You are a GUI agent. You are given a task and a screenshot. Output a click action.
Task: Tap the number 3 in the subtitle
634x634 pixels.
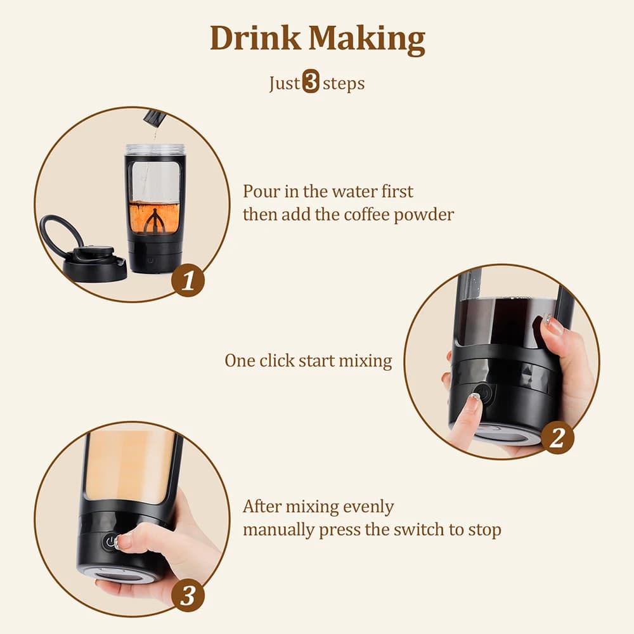click(311, 83)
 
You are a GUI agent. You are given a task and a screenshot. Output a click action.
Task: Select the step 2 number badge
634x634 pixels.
click(557, 438)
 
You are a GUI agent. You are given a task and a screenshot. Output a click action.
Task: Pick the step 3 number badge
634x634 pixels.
click(188, 595)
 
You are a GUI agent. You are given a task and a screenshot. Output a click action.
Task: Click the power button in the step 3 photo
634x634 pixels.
click(111, 543)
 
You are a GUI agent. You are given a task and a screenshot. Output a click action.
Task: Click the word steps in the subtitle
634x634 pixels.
click(344, 83)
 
